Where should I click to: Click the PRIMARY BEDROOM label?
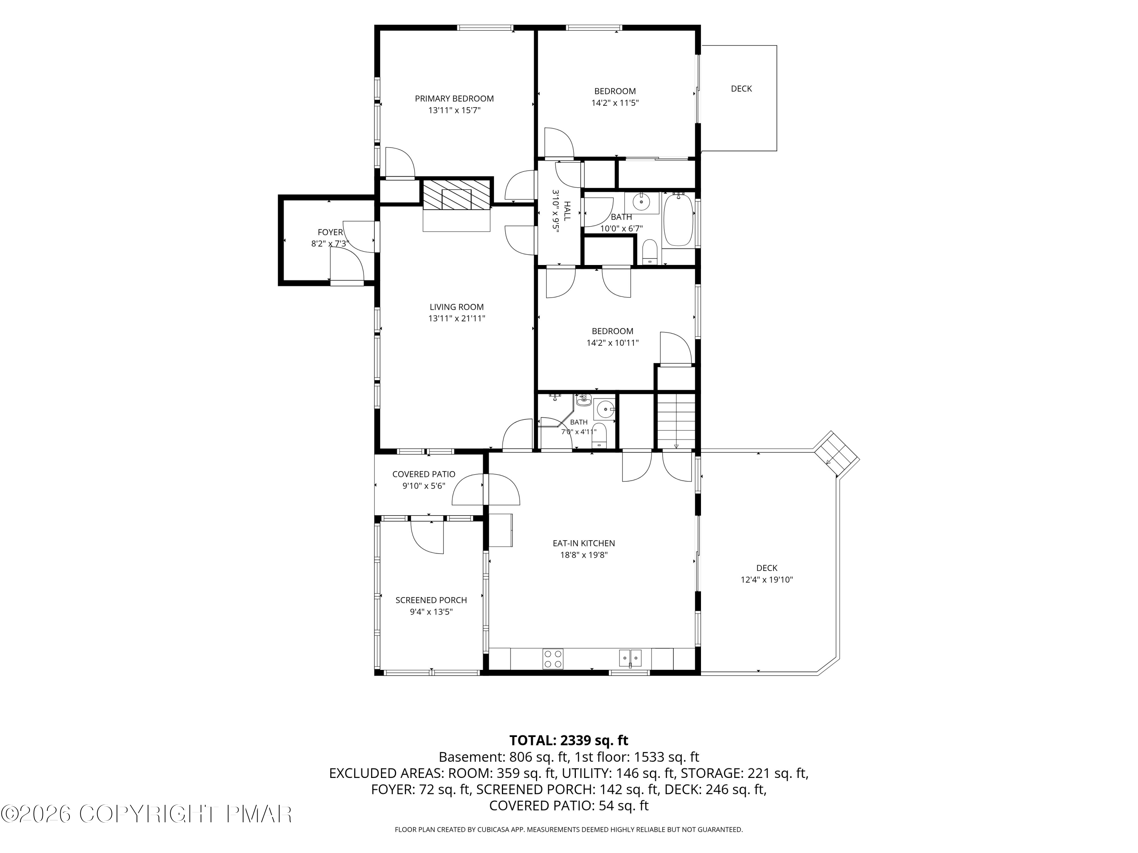pyautogui.click(x=454, y=99)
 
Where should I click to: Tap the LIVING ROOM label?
pyautogui.click(x=457, y=307)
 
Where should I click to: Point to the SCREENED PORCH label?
pyautogui.click(x=431, y=601)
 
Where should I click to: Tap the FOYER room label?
pyautogui.click(x=330, y=232)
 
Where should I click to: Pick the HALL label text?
pyautogui.click(x=567, y=211)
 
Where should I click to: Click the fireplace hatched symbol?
pyautogui.click(x=456, y=194)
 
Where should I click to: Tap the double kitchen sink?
pyautogui.click(x=630, y=658)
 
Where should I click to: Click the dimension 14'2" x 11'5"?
pyautogui.click(x=615, y=103)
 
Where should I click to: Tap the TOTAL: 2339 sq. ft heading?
pyautogui.click(x=569, y=740)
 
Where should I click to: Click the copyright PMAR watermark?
pyautogui.click(x=147, y=814)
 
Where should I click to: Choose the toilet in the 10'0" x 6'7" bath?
pyautogui.click(x=650, y=252)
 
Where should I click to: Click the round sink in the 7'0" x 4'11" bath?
pyautogui.click(x=605, y=409)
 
